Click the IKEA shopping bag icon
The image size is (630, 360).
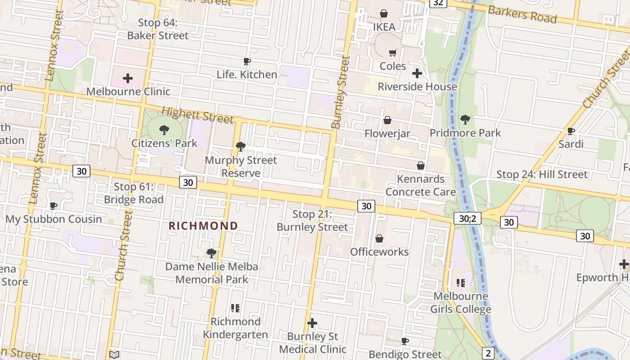point(384,13)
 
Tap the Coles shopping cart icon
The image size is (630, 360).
point(392,53)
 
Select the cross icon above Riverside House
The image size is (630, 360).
point(417,73)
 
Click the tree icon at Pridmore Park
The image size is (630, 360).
point(465,120)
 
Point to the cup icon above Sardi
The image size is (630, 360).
point(571,131)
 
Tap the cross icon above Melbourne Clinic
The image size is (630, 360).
point(128,78)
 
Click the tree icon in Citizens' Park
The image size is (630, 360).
point(164,130)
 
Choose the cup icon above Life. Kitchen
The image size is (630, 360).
point(247,61)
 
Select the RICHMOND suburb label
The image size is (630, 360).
point(203,226)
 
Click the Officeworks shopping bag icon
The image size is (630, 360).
point(379,238)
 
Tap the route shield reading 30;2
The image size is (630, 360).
point(468,218)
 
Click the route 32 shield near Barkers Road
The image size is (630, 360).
point(438,3)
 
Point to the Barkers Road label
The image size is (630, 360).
point(522,15)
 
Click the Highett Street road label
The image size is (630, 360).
point(198,115)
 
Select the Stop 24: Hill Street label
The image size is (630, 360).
point(542,175)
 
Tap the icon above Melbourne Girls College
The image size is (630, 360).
point(460,283)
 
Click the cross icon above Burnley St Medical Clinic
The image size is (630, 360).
point(312,323)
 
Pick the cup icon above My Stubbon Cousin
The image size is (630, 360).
point(54,206)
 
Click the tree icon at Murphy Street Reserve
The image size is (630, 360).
point(241,146)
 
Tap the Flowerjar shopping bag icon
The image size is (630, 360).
point(387,120)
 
